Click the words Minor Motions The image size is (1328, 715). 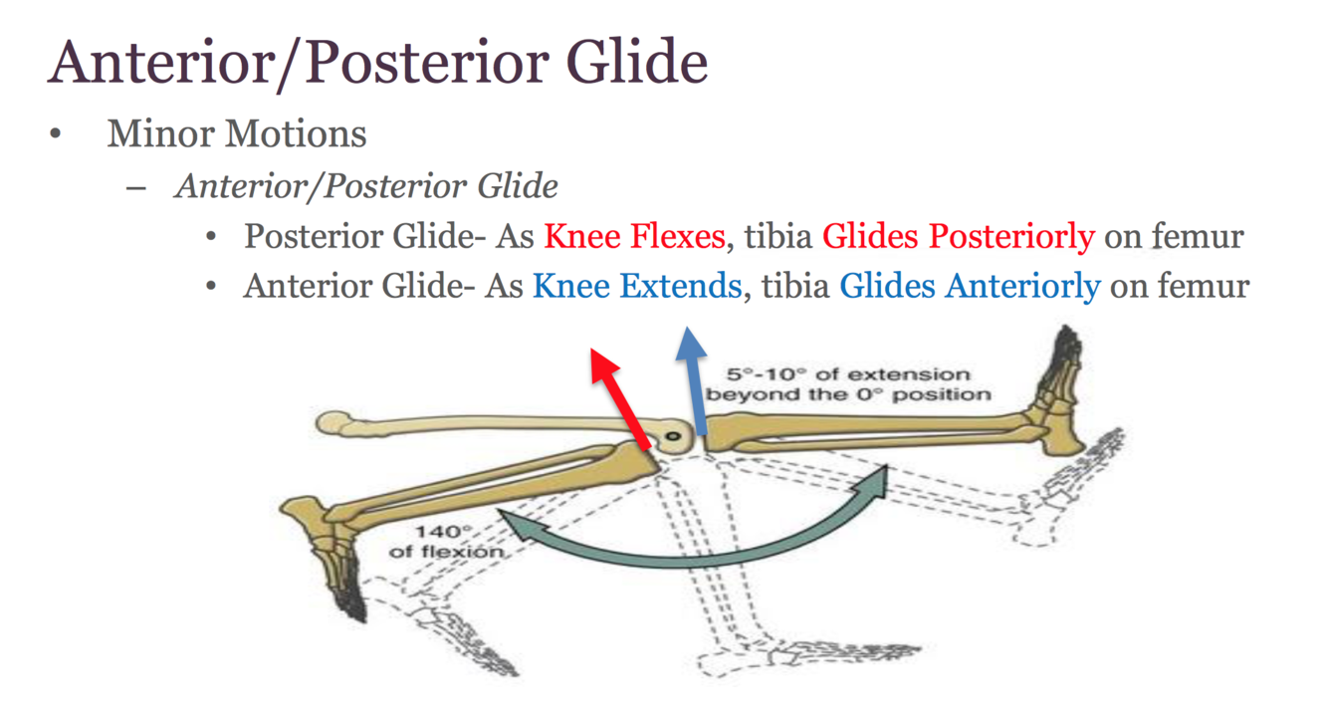coord(237,133)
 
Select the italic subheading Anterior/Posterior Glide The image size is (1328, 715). coord(366,186)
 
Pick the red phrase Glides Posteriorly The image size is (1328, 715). coord(958,237)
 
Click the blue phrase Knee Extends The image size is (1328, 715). coord(637,287)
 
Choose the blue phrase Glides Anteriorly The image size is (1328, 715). coord(970,287)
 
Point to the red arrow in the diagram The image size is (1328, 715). coord(619,395)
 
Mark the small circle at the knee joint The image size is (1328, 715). coord(674,436)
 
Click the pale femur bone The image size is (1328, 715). coord(478,424)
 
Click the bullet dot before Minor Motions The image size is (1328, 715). coord(58,133)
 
